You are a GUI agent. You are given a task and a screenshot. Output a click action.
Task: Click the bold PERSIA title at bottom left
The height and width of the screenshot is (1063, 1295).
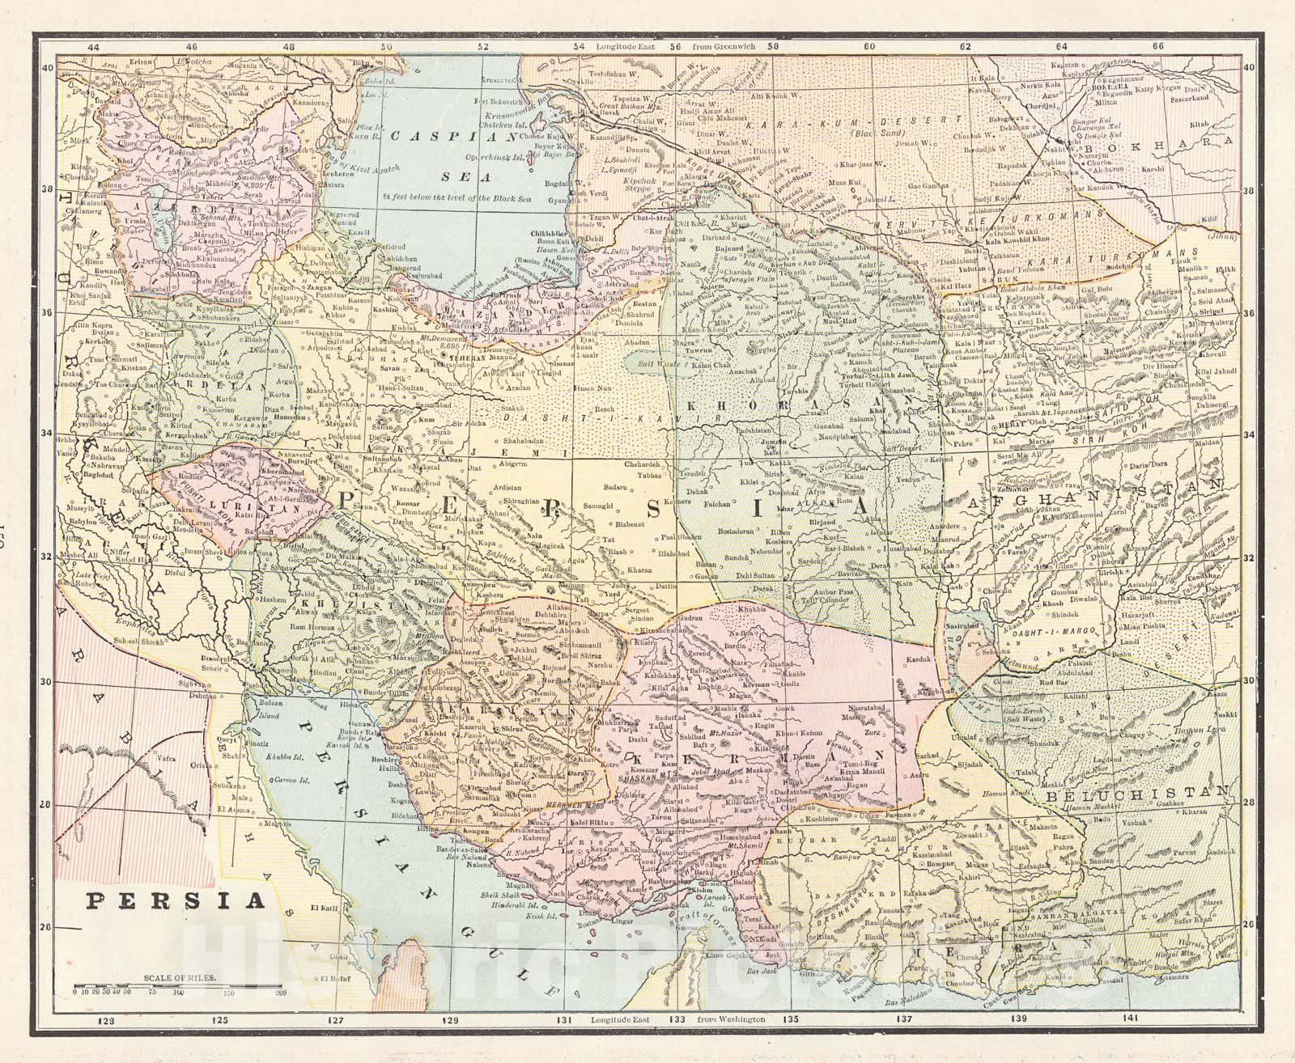pyautogui.click(x=177, y=900)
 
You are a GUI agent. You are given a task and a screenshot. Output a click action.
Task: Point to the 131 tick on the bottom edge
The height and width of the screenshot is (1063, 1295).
pyautogui.click(x=569, y=1020)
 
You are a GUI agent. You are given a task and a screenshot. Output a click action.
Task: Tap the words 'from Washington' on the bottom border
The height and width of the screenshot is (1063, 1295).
pyautogui.click(x=732, y=1020)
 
